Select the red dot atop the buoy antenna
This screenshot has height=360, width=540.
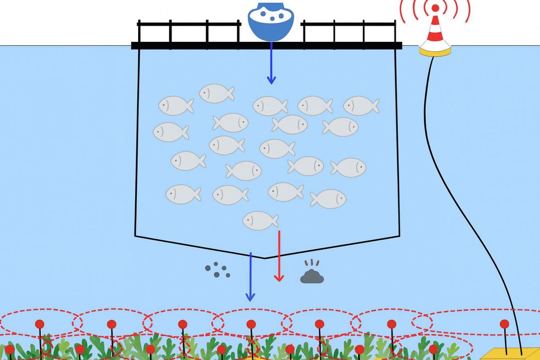435,8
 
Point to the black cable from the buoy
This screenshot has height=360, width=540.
454,180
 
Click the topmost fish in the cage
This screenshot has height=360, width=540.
216,93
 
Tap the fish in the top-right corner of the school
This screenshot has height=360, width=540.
361,105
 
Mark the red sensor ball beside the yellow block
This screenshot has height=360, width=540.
504,324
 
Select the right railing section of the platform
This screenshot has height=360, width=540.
349,31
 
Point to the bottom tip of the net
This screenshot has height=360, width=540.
265,258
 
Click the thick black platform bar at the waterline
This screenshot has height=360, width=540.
202,45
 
